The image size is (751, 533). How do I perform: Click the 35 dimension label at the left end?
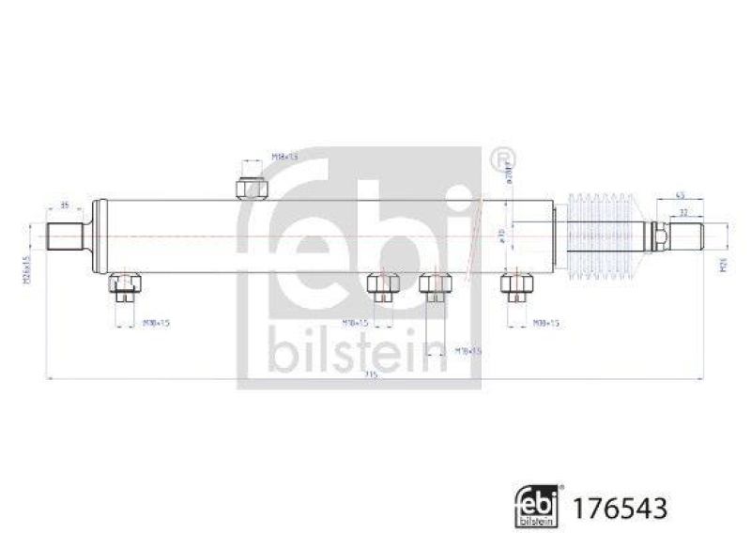(x=65, y=204)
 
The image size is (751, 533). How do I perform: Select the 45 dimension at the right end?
(x=681, y=195)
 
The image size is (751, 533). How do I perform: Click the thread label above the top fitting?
(x=284, y=157)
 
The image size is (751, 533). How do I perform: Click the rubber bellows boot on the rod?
(x=604, y=236)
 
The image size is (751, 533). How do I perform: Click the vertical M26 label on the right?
(x=722, y=267)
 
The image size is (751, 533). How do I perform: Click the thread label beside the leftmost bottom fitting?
(x=156, y=323)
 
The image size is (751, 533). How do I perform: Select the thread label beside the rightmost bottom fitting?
(x=546, y=323)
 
